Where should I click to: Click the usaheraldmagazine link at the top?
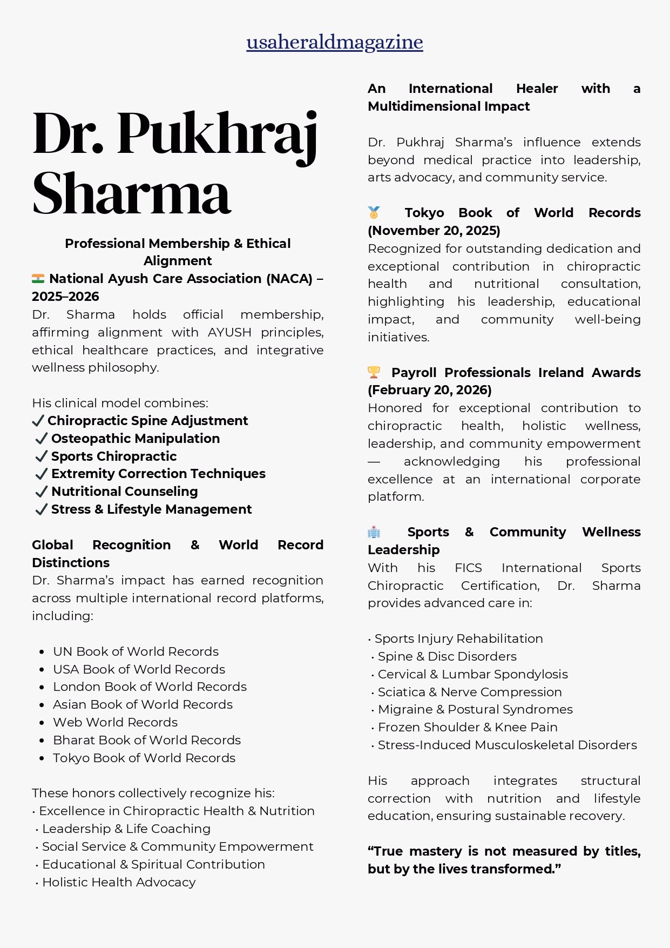click(335, 42)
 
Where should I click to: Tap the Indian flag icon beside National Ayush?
click(38, 279)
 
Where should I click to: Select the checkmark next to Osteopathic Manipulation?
click(41, 439)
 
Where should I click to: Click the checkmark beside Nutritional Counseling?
click(41, 492)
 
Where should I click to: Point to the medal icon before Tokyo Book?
click(374, 212)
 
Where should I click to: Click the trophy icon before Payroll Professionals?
click(374, 372)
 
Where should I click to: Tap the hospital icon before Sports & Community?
click(374, 532)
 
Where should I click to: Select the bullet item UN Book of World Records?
click(136, 651)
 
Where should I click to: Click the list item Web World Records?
click(115, 722)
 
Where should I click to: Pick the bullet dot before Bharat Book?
click(42, 741)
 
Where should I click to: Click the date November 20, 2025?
click(434, 231)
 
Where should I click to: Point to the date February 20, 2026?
click(430, 390)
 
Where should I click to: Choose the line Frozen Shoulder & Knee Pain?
click(468, 727)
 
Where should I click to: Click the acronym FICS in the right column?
click(468, 568)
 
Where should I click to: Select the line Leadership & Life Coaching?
click(126, 829)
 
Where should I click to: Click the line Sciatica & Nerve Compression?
click(470, 692)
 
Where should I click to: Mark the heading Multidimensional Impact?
click(449, 106)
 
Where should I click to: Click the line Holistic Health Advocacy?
click(119, 882)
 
